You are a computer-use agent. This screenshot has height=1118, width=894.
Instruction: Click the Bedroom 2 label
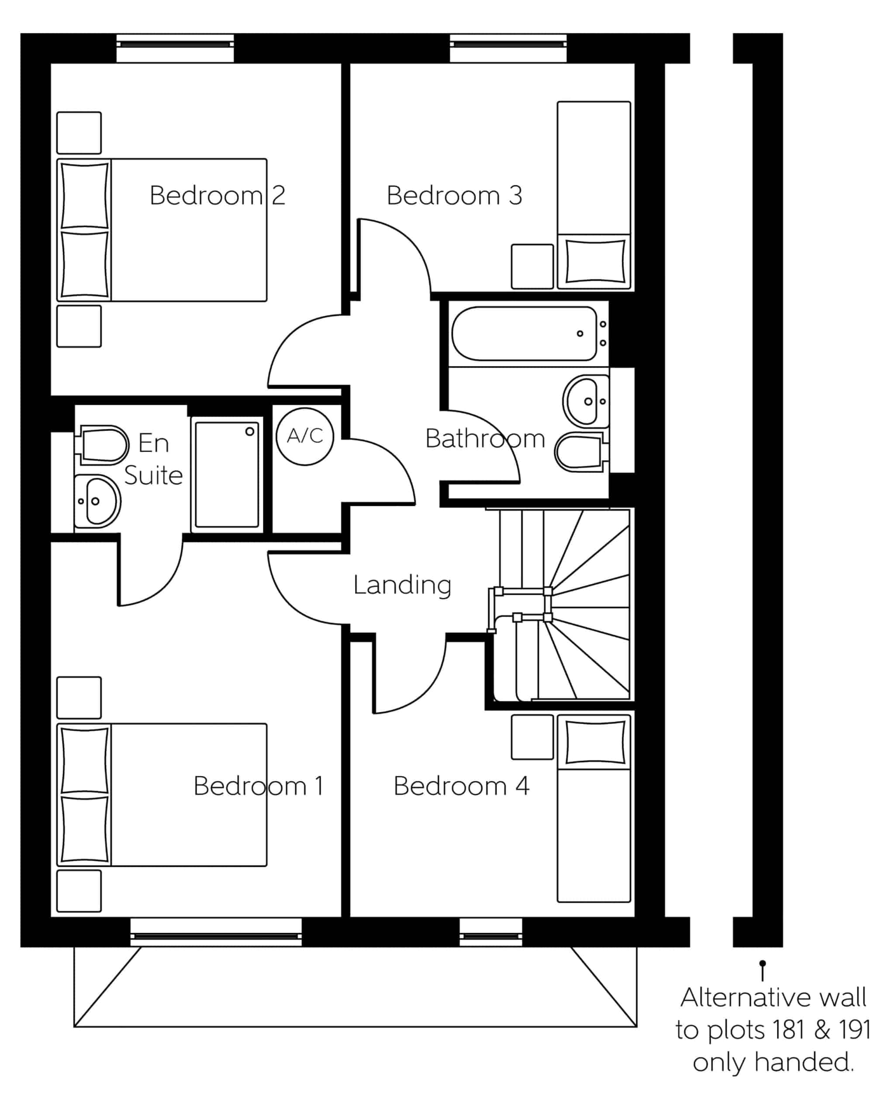click(217, 196)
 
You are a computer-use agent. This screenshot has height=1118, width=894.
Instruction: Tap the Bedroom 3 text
click(454, 196)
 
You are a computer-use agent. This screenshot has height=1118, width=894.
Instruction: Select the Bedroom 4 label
click(461, 786)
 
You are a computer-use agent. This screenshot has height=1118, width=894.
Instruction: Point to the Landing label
click(402, 586)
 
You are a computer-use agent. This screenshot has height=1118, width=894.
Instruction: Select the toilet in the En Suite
click(102, 445)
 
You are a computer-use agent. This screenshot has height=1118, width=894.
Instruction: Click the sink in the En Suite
click(97, 501)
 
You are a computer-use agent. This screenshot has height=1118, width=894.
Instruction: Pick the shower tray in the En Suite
click(227, 474)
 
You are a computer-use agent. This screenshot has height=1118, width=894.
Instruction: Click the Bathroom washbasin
click(586, 401)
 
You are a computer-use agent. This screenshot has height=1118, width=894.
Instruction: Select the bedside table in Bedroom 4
click(532, 737)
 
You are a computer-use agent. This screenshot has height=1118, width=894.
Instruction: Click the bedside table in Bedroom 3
click(532, 266)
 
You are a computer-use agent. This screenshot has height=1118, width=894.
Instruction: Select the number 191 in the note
click(855, 1030)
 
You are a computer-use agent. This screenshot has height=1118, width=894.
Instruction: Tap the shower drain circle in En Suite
click(249, 431)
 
